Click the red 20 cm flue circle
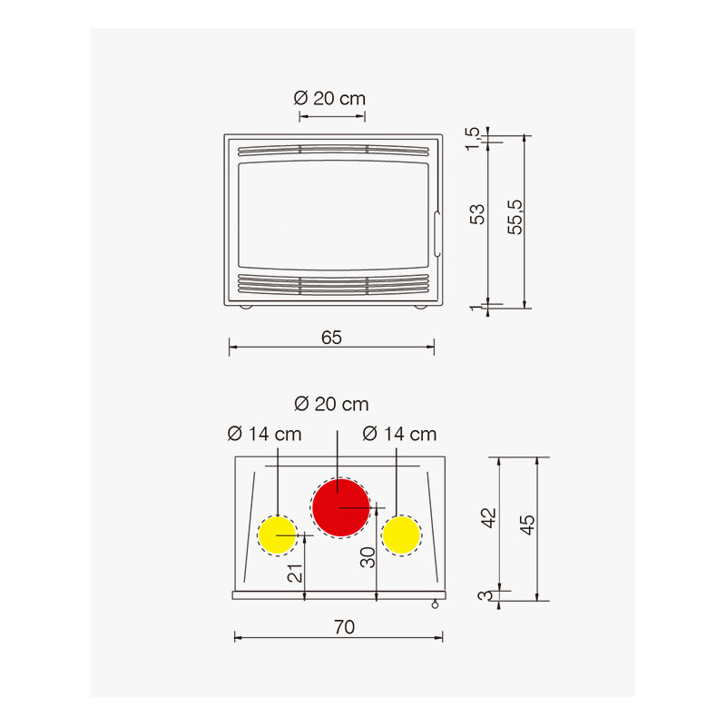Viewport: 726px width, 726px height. [341, 507]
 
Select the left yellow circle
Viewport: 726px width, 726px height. [278, 535]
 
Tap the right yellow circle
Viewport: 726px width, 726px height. [401, 535]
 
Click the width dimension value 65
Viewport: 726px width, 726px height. [331, 338]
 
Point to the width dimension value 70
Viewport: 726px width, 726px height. [344, 627]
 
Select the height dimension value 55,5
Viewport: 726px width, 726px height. [515, 217]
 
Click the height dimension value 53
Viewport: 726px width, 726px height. [477, 214]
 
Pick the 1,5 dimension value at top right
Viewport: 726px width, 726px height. [473, 139]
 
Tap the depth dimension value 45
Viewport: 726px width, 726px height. [527, 525]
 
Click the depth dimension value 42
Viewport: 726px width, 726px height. [489, 518]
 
